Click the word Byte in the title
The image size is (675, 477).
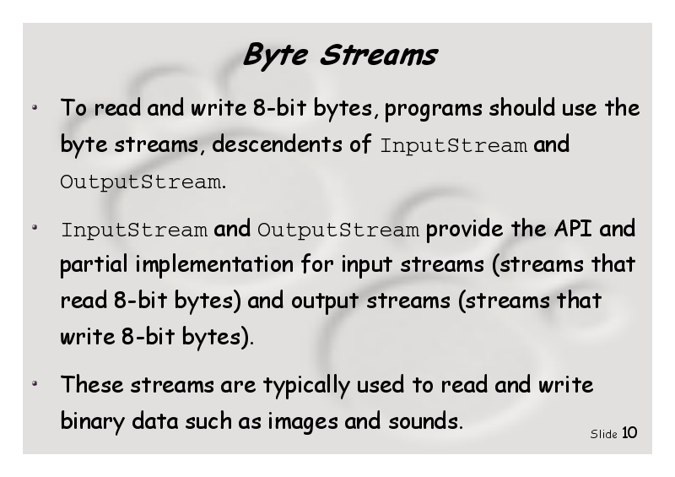pos(276,56)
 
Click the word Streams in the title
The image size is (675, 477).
pos(378,55)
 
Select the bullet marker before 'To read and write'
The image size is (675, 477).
pos(35,107)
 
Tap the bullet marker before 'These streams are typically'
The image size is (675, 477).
pos(35,383)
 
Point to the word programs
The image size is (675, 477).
pos(433,109)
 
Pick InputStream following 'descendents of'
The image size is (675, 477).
pos(454,146)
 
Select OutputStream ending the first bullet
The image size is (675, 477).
pos(141,182)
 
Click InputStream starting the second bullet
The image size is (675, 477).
pos(134,230)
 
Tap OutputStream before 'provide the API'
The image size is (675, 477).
pos(338,230)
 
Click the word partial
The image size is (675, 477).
pos(94,265)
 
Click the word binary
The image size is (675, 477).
pos(93,422)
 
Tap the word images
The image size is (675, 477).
pos(303,422)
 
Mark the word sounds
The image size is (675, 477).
pos(424,421)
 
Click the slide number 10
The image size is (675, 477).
pos(629,432)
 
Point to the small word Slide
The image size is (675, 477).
pos(603,434)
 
